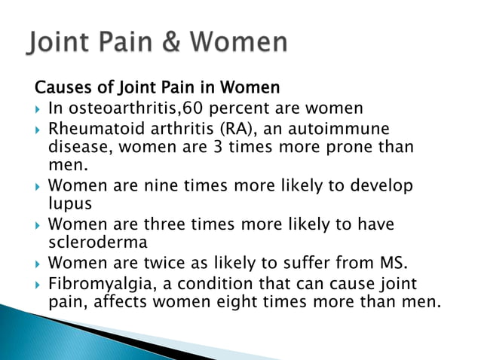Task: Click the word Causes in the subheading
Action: tap(60, 89)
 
